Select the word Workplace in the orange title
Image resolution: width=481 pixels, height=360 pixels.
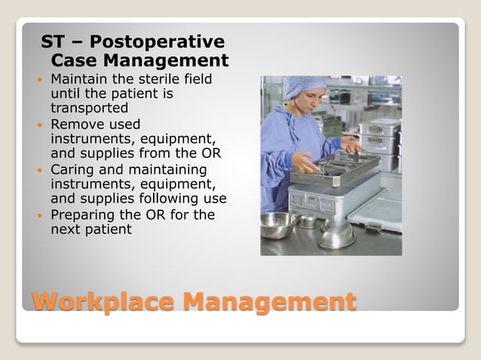pyautogui.click(x=103, y=302)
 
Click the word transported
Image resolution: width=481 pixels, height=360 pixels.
pyautogui.click(x=84, y=108)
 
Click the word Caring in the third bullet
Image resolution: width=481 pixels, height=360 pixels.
pyautogui.click(x=74, y=169)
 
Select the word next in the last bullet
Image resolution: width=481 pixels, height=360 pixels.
pyautogui.click(x=66, y=229)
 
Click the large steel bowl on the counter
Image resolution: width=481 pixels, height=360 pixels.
pyautogui.click(x=278, y=224)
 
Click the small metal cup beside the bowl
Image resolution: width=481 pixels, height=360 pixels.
pyautogui.click(x=308, y=221)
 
